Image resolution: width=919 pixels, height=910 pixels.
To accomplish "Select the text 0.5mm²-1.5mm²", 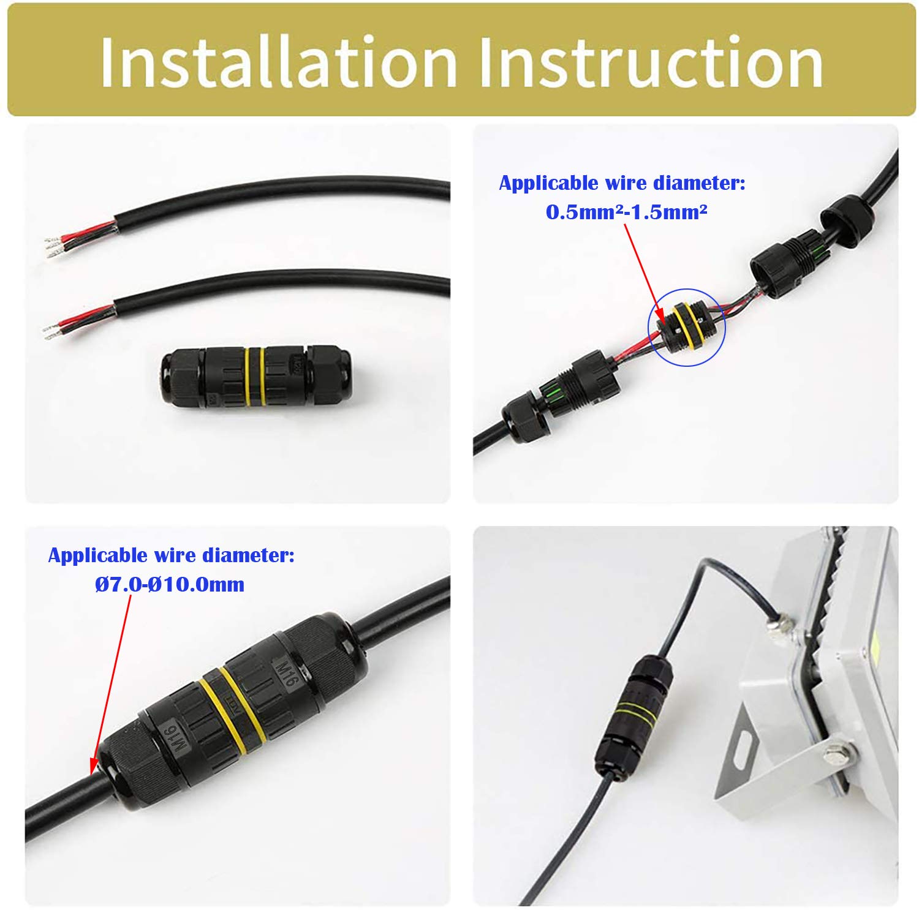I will (626, 212).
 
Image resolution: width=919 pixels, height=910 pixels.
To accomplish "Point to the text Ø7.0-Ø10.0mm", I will (170, 584).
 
